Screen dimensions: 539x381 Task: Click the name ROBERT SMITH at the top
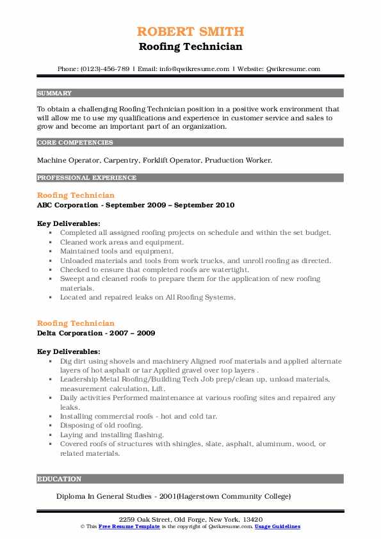click(190, 31)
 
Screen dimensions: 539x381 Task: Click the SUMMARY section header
click(55, 93)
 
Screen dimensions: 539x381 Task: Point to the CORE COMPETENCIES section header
click(75, 143)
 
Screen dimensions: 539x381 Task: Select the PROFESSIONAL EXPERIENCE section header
click(86, 178)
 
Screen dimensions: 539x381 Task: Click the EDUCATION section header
click(60, 479)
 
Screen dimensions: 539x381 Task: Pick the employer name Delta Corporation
click(71, 334)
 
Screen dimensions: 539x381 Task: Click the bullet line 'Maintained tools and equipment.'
click(113, 252)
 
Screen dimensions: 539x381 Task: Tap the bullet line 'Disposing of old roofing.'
click(101, 425)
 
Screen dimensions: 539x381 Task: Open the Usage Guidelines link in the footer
click(277, 526)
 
